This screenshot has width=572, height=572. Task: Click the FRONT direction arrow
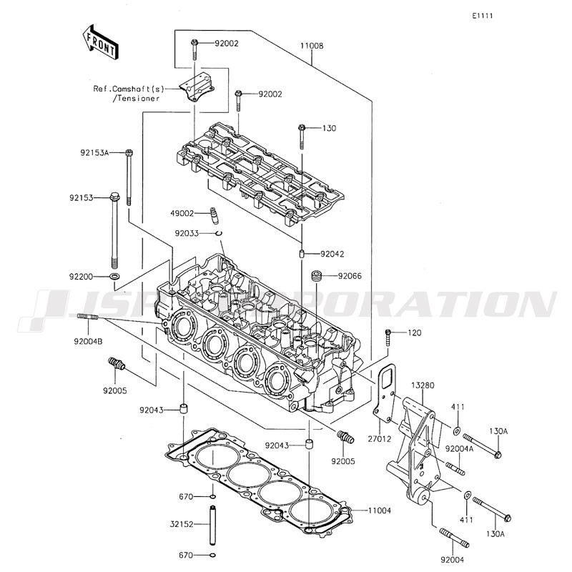tap(99, 41)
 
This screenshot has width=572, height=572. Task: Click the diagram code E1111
tap(482, 16)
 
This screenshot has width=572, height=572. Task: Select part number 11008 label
tap(312, 46)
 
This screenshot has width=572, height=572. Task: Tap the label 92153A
tap(94, 153)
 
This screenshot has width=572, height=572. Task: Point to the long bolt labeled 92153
tap(114, 230)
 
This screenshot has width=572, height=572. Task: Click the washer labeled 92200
tap(114, 277)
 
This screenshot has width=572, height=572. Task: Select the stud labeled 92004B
tap(88, 317)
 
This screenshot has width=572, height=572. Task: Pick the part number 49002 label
tap(182, 213)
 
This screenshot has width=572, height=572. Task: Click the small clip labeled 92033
tap(219, 234)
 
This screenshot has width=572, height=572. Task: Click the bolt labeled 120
tap(388, 337)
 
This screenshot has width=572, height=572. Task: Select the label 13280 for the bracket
tap(423, 385)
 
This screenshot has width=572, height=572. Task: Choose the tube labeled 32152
tap(212, 525)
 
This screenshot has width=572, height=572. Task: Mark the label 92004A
tap(459, 449)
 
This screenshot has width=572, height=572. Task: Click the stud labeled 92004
tap(454, 538)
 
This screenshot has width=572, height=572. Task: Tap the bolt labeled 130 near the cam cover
tap(302, 137)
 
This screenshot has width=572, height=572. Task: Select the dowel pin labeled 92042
tap(302, 254)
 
